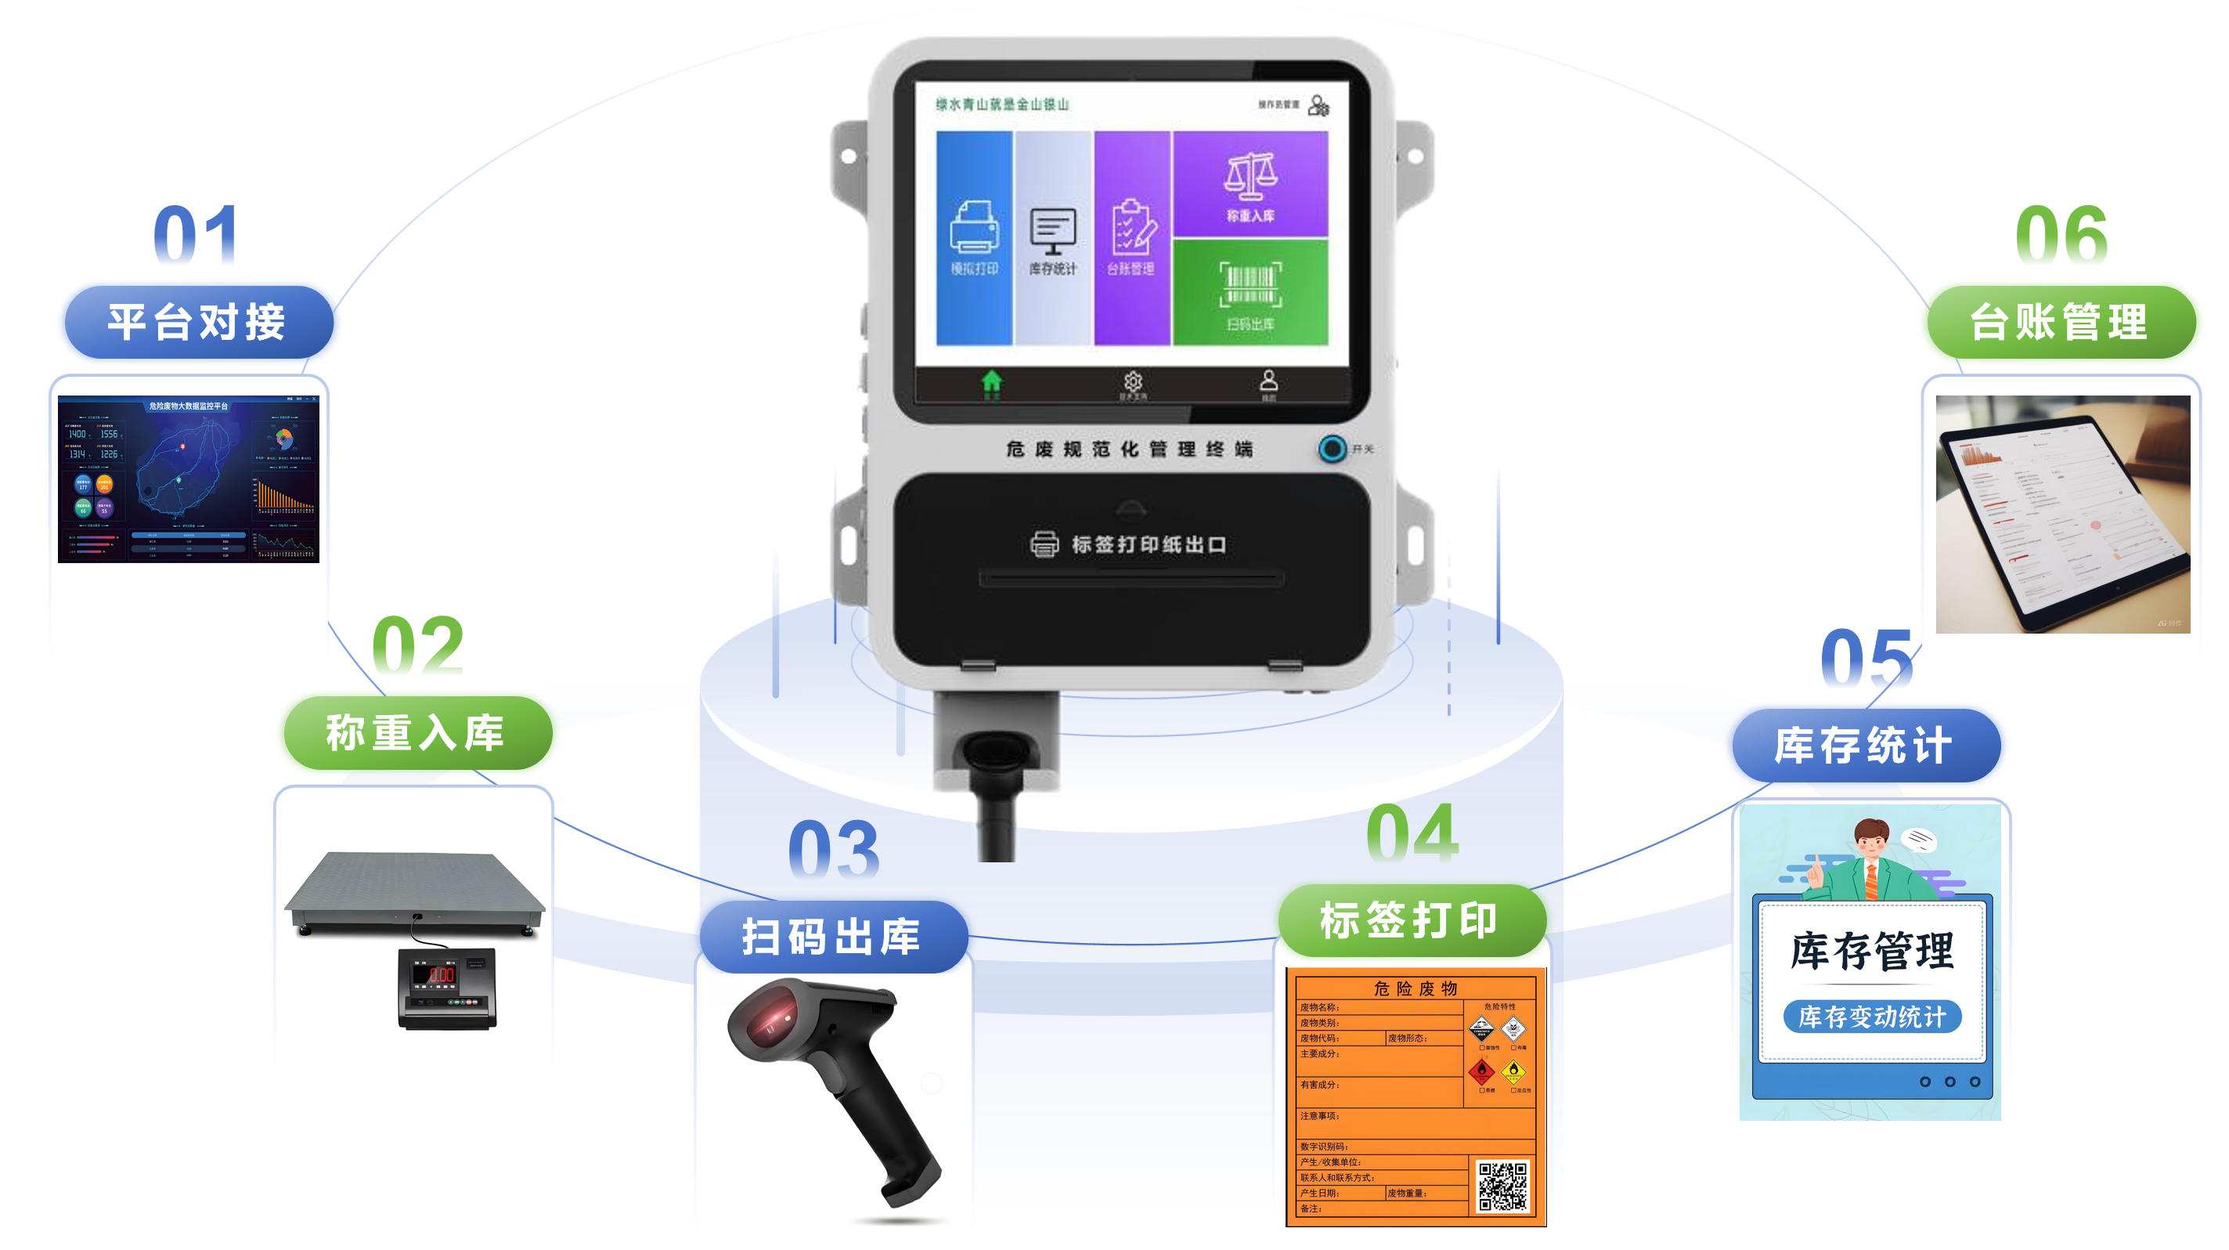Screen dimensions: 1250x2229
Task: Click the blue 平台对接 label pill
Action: pos(198,322)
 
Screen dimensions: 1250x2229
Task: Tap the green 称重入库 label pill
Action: pos(417,732)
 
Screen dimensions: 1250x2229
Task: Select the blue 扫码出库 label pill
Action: pos(832,937)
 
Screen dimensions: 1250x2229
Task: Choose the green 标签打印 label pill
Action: pos(1410,919)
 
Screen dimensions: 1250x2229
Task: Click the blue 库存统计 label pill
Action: pos(1866,746)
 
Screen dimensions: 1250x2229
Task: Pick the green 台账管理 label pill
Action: pos(2060,322)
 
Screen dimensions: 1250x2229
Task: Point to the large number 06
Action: pos(2060,235)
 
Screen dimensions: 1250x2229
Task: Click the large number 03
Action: pos(833,849)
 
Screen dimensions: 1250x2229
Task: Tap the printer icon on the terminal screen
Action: pos(974,227)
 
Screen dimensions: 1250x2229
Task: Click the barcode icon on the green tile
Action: pos(1250,285)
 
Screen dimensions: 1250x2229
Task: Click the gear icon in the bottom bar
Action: pos(1133,381)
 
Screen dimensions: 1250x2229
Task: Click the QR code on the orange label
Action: pos(1502,1187)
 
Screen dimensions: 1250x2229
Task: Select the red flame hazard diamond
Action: pos(1481,1071)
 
